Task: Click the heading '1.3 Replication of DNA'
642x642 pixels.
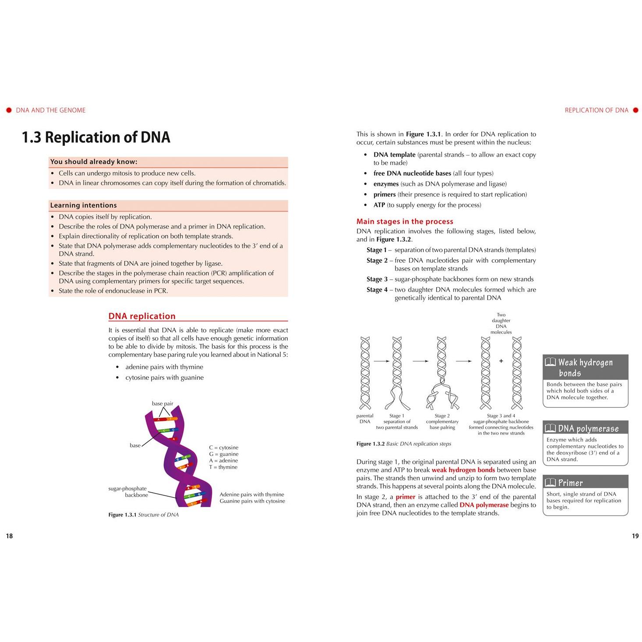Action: point(96,137)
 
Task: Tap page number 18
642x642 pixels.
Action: point(9,536)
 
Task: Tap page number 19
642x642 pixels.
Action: point(635,536)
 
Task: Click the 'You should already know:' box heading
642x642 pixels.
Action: point(94,162)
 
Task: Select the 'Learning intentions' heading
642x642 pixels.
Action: point(83,205)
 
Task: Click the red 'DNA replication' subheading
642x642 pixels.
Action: point(142,316)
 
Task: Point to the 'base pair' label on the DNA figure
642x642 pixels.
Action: point(162,403)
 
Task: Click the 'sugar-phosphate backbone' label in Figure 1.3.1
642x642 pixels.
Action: point(127,492)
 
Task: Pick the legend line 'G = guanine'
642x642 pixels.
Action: point(223,454)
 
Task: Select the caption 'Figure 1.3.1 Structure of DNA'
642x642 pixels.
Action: point(143,515)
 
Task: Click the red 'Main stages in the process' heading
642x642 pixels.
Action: point(405,221)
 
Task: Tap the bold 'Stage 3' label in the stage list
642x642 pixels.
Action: point(377,279)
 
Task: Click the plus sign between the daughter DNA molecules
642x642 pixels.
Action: point(501,361)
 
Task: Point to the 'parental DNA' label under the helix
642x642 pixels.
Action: point(365,419)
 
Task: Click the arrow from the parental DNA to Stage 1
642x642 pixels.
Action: point(381,361)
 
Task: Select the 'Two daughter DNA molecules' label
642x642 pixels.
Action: point(501,323)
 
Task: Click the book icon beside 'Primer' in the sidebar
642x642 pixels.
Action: point(550,482)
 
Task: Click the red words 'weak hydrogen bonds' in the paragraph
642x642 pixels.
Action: point(463,470)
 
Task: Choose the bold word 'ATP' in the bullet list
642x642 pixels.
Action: point(379,205)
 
